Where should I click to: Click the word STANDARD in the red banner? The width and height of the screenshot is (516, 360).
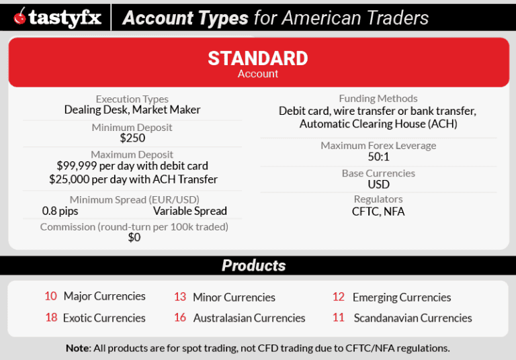257,58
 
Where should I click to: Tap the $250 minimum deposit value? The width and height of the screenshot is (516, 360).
132,138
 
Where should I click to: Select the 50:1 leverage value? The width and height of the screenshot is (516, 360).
378,157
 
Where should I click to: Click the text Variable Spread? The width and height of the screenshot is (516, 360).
190,211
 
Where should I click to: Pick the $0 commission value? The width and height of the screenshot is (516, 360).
134,237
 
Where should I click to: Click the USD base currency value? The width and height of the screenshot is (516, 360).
378,185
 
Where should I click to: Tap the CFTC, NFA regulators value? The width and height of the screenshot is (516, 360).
378,212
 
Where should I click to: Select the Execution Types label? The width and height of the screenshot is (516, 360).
132,99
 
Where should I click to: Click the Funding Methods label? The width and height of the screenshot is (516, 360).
378,99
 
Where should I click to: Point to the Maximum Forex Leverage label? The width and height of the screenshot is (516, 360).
378,146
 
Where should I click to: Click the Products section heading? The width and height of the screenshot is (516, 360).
254,265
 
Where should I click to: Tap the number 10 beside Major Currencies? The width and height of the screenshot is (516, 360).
51,296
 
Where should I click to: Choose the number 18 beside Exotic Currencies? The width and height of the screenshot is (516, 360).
51,318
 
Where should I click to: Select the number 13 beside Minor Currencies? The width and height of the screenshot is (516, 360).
180,297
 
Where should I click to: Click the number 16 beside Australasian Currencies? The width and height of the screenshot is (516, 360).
180,318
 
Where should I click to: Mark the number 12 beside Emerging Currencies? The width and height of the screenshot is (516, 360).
339,297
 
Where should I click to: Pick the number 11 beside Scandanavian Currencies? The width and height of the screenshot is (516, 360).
339,318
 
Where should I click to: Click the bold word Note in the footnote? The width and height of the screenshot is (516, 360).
78,348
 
